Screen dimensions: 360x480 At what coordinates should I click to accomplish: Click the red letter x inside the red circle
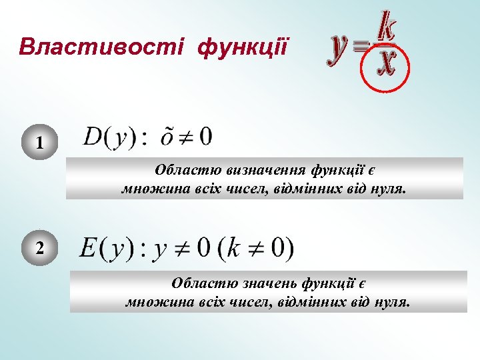[385, 65]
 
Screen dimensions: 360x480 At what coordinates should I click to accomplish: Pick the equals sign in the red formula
[362, 46]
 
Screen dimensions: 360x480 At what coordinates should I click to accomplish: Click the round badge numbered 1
[40, 143]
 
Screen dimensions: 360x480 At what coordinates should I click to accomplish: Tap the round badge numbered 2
[40, 249]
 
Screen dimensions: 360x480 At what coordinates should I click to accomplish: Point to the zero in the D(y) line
[205, 136]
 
